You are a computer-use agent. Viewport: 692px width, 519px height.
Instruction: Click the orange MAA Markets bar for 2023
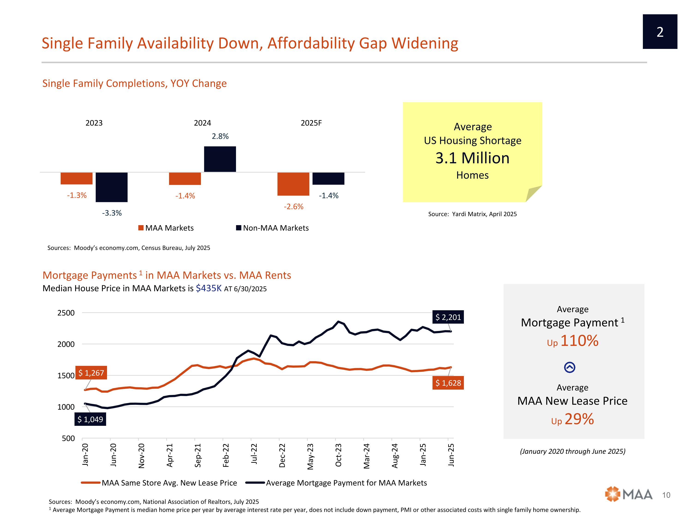click(x=76, y=178)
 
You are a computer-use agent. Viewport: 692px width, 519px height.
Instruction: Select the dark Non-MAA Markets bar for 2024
click(x=220, y=159)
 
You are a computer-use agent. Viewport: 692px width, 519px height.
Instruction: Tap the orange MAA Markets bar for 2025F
click(x=293, y=184)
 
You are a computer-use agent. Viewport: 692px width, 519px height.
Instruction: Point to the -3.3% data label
click(x=112, y=213)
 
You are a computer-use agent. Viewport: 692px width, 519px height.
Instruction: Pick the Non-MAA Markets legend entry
click(x=272, y=228)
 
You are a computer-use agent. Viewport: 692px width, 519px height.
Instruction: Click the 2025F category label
click(x=311, y=123)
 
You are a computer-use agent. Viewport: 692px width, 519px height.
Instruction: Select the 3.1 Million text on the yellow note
click(x=472, y=158)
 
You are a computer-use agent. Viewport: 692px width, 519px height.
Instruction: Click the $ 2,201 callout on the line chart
click(x=448, y=317)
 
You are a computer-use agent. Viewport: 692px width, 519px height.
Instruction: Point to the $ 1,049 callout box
click(x=90, y=419)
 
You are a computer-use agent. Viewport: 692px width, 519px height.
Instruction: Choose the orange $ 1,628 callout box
click(x=448, y=383)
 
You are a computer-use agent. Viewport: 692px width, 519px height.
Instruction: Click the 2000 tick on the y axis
click(x=66, y=344)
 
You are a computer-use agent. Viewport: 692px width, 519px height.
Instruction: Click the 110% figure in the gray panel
click(x=579, y=341)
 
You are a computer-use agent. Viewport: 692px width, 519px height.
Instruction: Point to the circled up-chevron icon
click(x=569, y=367)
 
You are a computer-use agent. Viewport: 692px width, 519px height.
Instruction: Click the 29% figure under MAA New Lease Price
click(x=579, y=419)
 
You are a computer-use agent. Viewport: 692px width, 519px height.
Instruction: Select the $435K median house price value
click(x=209, y=288)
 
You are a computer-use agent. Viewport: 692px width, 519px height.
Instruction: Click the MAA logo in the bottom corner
click(x=629, y=495)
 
